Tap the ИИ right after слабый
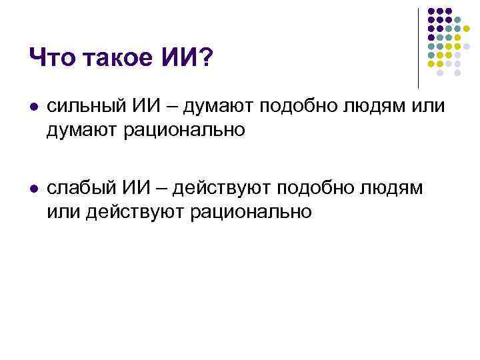[x=143, y=189]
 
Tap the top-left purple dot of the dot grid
[x=431, y=11]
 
